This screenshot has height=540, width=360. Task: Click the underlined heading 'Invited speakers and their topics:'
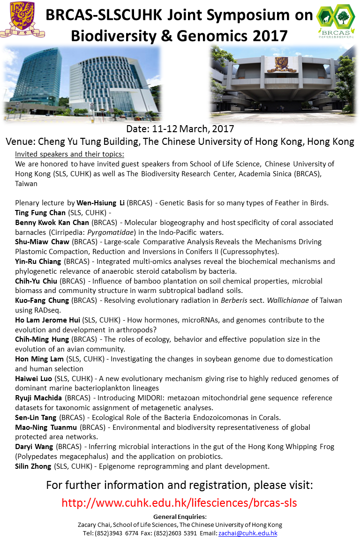(69, 154)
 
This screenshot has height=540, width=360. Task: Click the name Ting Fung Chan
(40, 212)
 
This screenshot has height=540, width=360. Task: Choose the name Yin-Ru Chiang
(38, 262)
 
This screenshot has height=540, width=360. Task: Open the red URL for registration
(180, 503)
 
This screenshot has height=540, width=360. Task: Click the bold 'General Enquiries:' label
(180, 517)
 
